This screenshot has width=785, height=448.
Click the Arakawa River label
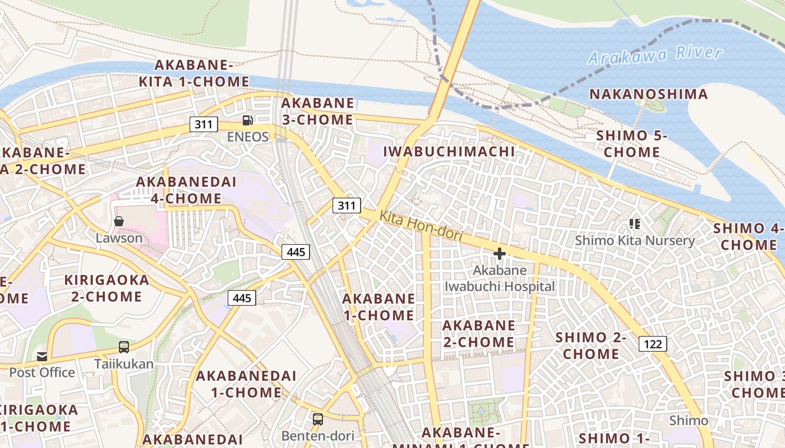tap(655, 55)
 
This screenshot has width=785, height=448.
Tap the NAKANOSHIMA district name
tap(649, 94)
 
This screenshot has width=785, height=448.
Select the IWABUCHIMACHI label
tap(449, 151)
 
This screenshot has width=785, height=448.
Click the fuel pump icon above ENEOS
tap(247, 120)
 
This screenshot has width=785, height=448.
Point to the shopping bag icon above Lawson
tap(119, 221)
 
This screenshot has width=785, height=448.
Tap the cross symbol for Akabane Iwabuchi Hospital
tap(499, 254)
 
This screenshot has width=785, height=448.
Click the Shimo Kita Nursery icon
tap(635, 224)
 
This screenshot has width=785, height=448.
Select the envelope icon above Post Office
tap(42, 356)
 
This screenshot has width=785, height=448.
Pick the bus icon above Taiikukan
tap(124, 347)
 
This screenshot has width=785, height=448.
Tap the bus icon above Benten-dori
tap(318, 419)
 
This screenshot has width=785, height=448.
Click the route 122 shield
tap(653, 344)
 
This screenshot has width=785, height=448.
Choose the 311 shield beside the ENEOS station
tap(204, 124)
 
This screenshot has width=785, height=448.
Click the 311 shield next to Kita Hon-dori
tap(347, 206)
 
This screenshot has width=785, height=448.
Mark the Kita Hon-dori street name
tap(421, 226)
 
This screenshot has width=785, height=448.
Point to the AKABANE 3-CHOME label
tap(317, 111)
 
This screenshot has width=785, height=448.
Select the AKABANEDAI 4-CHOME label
tap(186, 190)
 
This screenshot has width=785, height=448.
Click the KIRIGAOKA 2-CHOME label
tap(107, 288)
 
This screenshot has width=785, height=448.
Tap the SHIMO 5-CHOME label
tap(632, 144)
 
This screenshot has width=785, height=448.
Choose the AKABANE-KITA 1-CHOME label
tap(194, 73)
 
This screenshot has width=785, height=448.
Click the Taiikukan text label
tap(124, 364)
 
